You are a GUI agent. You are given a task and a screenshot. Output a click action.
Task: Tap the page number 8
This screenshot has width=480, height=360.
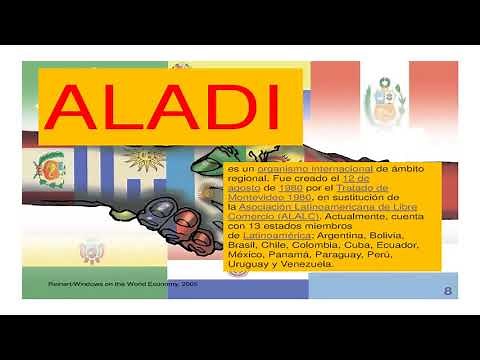pos(447,289)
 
